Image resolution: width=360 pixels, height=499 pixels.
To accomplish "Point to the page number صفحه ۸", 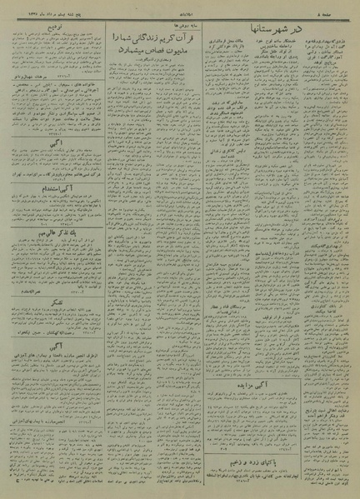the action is pos(338,9).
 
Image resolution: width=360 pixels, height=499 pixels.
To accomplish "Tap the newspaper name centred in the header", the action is pos(180,9).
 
